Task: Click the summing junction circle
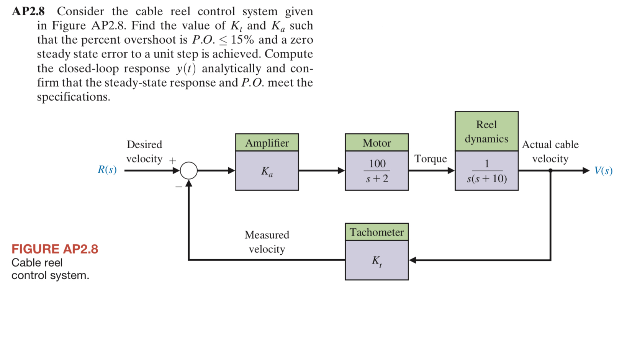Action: click(189, 170)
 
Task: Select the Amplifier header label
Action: click(267, 143)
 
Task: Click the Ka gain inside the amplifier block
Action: click(267, 171)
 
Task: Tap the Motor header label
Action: click(376, 143)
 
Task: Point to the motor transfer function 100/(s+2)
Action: click(377, 171)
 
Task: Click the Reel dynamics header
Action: click(486, 131)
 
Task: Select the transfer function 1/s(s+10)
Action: click(486, 171)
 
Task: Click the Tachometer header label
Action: click(376, 232)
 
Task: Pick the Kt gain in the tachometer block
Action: click(377, 261)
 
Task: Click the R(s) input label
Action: click(107, 170)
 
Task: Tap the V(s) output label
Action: click(603, 171)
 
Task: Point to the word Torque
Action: click(430, 159)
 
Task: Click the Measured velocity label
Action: click(267, 242)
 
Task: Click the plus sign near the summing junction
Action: click(173, 161)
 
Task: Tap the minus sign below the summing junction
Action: click(178, 187)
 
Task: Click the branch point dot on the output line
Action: click(550, 171)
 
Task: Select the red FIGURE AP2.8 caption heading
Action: click(55, 249)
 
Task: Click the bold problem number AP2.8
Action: click(28, 11)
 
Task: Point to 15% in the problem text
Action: click(242, 40)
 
